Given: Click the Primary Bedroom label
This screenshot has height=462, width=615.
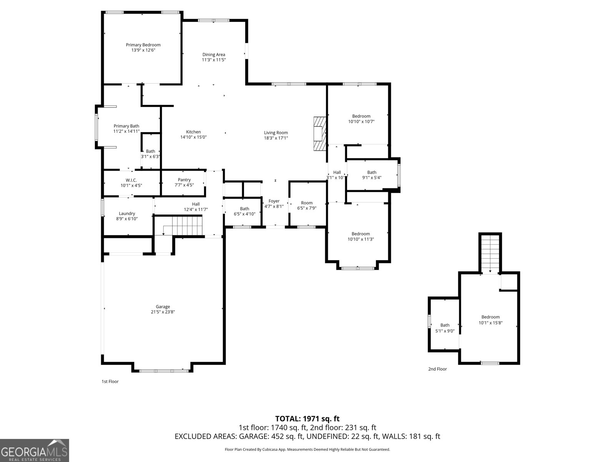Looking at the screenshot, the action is [x=143, y=45].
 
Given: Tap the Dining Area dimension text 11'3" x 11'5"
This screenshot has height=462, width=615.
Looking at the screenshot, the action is [x=214, y=60].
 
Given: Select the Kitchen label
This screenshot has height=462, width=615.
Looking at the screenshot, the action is [x=193, y=132].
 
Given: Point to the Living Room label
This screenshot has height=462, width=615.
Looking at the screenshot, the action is [x=276, y=133].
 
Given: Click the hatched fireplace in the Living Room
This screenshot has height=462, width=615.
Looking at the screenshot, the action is [x=320, y=134].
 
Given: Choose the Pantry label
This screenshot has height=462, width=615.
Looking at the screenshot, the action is [x=184, y=180].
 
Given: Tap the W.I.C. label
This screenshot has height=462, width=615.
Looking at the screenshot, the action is [x=131, y=180].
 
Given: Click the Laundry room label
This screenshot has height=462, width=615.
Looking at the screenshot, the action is [x=127, y=213].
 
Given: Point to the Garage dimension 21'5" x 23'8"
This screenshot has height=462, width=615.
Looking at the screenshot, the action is [x=163, y=312].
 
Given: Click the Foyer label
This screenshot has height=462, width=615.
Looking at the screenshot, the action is [x=274, y=201].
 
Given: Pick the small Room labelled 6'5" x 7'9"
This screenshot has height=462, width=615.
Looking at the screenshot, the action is [x=307, y=205].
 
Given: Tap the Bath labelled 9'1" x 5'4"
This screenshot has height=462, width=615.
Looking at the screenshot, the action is [x=372, y=175].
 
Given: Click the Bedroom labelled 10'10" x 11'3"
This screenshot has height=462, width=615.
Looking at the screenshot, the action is [x=361, y=236].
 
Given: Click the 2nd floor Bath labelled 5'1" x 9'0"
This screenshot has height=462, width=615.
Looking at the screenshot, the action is [x=445, y=328].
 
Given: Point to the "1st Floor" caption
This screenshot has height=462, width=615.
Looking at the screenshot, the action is [x=110, y=382].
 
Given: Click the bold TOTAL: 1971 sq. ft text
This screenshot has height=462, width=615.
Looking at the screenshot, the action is [x=307, y=419].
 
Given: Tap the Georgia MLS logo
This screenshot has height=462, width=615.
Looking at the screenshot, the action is [x=35, y=450].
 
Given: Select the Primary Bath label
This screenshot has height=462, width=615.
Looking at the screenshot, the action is [x=126, y=126].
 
